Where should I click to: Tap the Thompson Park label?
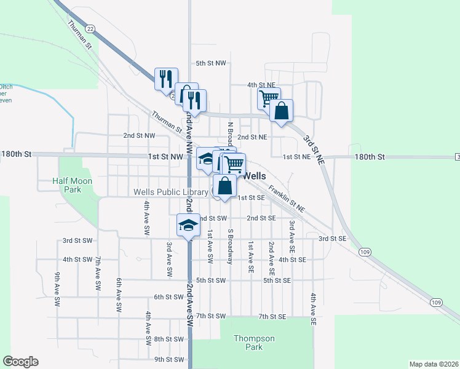(253, 343)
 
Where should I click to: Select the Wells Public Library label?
(172, 192)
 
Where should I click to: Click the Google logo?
(20, 362)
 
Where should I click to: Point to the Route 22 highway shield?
(90, 29)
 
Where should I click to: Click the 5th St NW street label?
(211, 63)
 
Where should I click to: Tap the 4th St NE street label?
(260, 84)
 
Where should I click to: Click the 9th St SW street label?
(169, 359)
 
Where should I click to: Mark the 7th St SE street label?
(272, 316)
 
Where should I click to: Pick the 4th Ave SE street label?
(313, 309)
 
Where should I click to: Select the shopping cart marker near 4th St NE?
(269, 98)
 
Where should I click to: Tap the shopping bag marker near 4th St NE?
(281, 111)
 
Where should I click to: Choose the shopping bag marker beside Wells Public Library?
(224, 186)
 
